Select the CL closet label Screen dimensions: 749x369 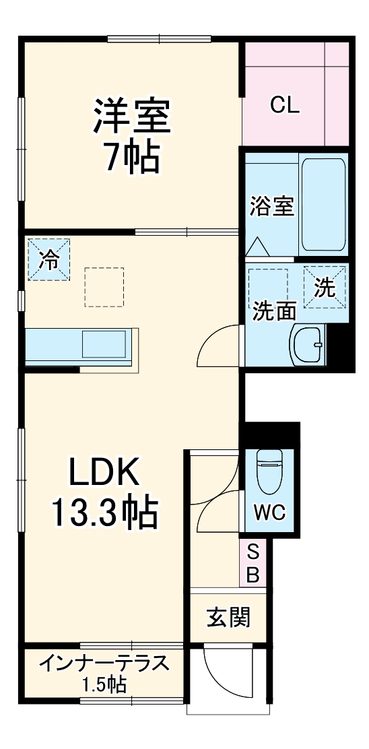pos(285,105)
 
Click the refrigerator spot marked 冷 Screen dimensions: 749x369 pos(48,259)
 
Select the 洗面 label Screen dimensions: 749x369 pos(274,311)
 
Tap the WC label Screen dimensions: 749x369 pos(270,513)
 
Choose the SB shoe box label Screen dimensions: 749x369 pos(253,563)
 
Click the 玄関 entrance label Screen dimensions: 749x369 pos(229,616)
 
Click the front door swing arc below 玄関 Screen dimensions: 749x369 pos(222,674)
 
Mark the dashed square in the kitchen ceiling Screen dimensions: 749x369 pos(104,287)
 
